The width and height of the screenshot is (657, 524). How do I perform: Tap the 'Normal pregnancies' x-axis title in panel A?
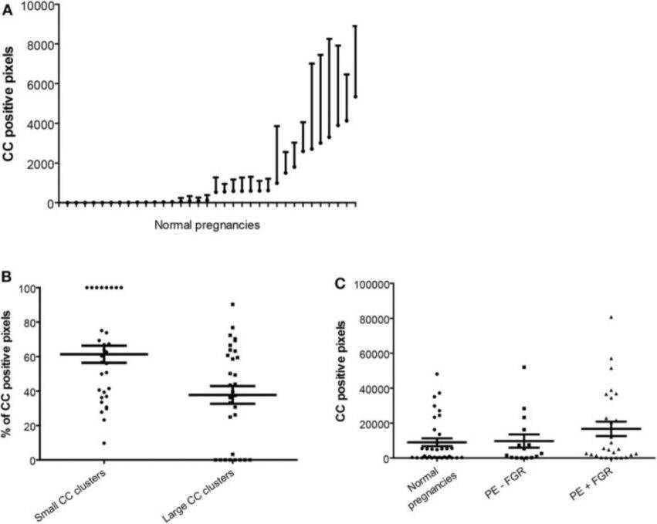click(206, 225)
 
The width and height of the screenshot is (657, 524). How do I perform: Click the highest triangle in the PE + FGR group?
click(611, 317)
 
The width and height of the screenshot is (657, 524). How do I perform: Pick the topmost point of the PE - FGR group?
click(523, 367)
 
